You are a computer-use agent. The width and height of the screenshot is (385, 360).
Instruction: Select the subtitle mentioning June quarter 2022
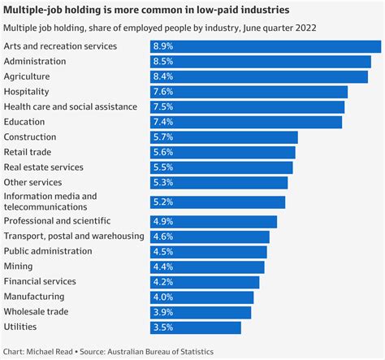pos(159,28)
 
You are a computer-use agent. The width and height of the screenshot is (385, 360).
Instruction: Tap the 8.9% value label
pos(165,46)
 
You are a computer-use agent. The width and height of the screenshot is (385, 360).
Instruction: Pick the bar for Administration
pos(261,61)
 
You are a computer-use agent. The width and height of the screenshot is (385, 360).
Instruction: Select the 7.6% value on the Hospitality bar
pos(165,92)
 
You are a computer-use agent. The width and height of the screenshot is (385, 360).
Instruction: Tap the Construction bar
pos(224,137)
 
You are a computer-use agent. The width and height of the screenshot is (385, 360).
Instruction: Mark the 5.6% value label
pos(165,152)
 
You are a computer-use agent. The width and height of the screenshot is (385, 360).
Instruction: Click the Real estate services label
pos(44,167)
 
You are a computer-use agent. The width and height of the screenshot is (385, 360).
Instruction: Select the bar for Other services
pos(219,182)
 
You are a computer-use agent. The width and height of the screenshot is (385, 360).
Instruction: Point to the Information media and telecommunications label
pos(50,202)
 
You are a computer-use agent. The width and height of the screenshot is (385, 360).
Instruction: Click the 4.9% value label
pos(165,222)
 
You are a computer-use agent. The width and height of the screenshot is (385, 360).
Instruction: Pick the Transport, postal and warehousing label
pos(74,236)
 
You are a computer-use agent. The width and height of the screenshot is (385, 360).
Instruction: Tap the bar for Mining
pos(207,267)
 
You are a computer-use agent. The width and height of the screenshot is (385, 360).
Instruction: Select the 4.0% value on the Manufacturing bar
pos(165,297)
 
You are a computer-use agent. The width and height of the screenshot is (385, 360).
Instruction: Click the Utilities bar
pos(196,327)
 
